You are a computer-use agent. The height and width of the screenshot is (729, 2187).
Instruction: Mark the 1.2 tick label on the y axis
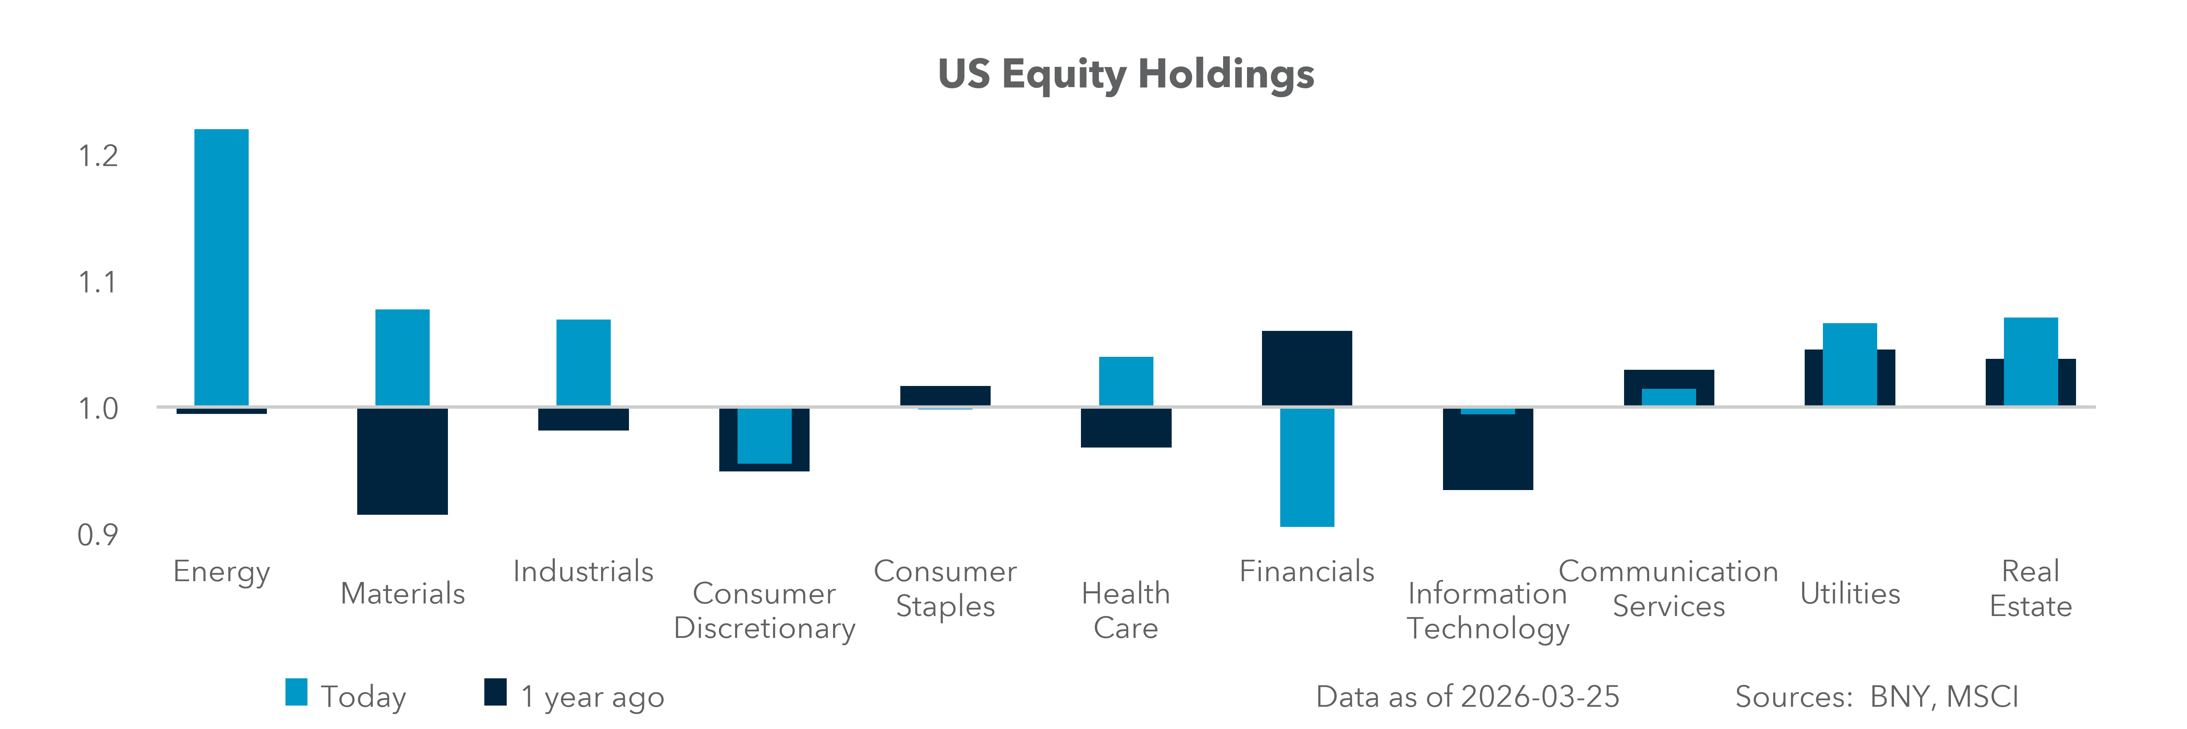point(98,156)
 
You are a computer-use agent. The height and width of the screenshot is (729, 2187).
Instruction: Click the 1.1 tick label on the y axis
point(98,283)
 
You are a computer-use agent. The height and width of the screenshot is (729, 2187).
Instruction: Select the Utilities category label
point(1850,593)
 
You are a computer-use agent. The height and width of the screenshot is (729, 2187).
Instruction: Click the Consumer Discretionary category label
point(764,610)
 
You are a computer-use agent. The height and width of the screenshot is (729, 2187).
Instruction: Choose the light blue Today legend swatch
point(296,693)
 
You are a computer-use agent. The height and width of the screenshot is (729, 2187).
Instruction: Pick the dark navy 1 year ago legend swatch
point(495,693)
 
